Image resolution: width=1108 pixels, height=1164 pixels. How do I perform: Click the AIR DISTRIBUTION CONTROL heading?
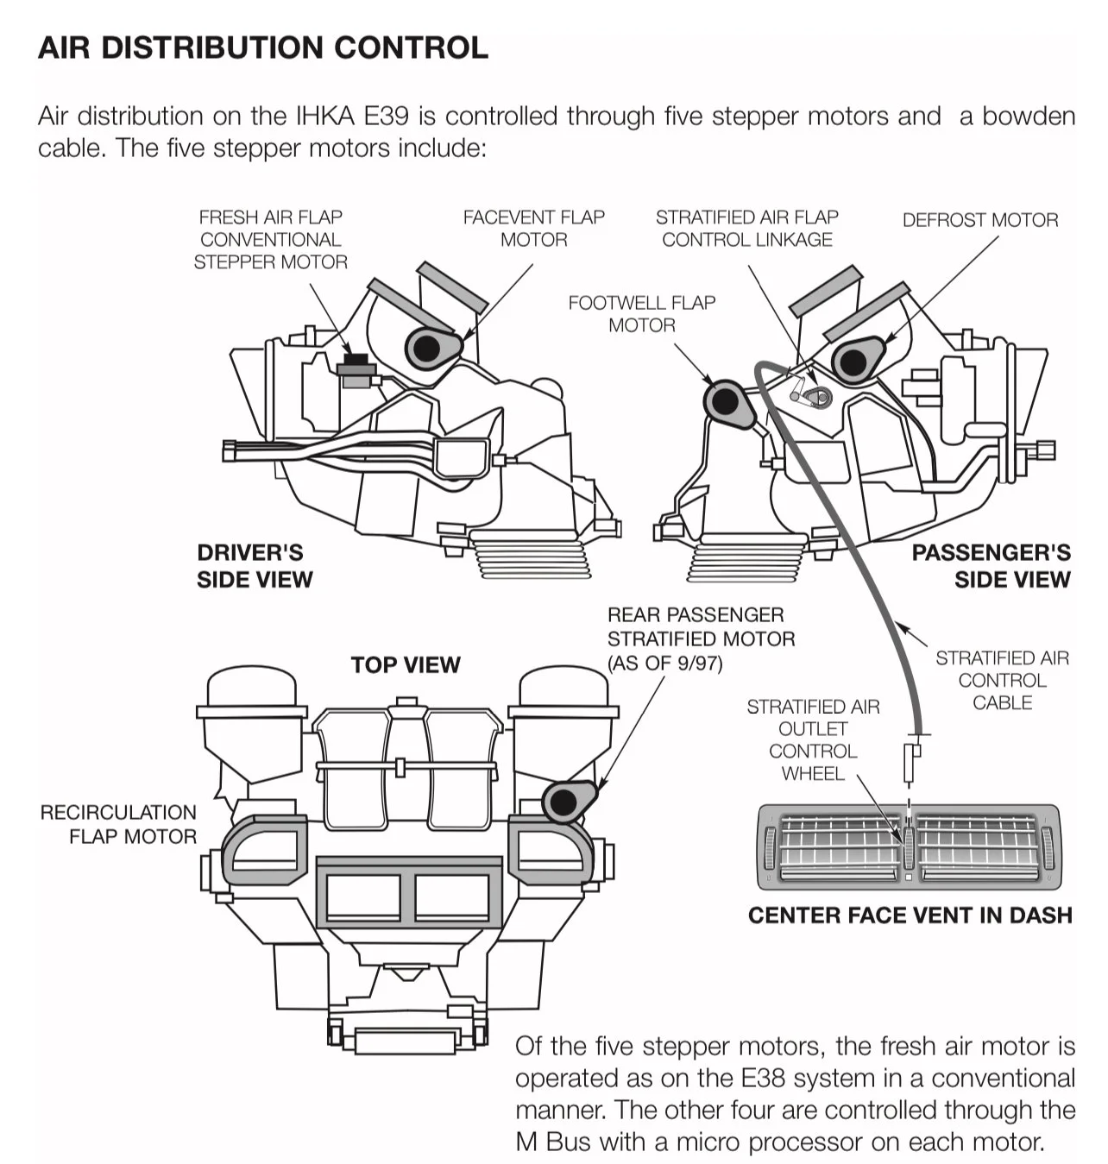pyautogui.click(x=262, y=47)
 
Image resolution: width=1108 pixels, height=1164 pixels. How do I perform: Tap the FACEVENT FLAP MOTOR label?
pyautogui.click(x=533, y=228)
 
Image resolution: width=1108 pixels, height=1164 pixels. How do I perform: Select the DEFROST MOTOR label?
pyautogui.click(x=979, y=220)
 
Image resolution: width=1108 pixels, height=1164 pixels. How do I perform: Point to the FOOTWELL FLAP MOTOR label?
pyautogui.click(x=641, y=313)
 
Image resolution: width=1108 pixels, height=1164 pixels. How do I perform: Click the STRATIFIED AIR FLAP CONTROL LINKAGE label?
pyautogui.click(x=746, y=228)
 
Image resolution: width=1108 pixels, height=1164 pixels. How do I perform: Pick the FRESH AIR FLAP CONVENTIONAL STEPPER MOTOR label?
pyautogui.click(x=270, y=239)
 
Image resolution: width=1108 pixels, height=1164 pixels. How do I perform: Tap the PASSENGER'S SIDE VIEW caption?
pyautogui.click(x=991, y=565)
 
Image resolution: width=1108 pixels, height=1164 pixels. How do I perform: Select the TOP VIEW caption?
pyautogui.click(x=406, y=664)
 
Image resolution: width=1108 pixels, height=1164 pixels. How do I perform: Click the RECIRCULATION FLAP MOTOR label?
pyautogui.click(x=119, y=824)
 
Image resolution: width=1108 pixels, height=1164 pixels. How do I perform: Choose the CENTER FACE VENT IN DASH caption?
pyautogui.click(x=910, y=915)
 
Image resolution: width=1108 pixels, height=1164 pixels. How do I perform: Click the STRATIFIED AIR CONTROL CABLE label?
pyautogui.click(x=1001, y=680)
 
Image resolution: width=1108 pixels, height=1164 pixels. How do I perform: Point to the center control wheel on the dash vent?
pyautogui.click(x=909, y=847)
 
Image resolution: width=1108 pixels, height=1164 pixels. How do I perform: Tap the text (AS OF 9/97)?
pyautogui.click(x=664, y=663)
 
